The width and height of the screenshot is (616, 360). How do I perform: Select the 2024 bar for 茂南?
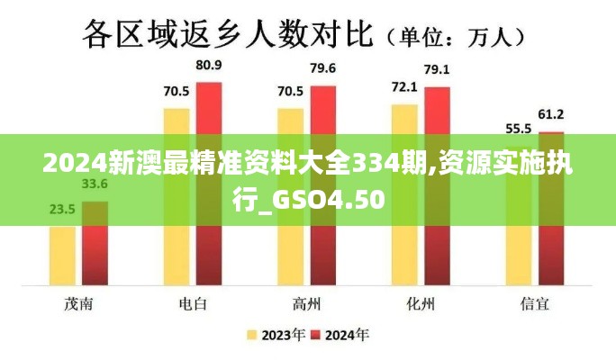[95, 243]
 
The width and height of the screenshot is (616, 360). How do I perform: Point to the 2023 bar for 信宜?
[518, 216]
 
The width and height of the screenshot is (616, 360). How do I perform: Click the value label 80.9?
[209, 66]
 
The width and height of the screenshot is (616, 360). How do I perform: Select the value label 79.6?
[322, 68]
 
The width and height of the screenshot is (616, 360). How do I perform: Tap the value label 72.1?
[403, 87]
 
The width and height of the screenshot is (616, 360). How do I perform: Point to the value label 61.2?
[550, 114]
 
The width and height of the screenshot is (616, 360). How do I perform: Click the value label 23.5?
[62, 210]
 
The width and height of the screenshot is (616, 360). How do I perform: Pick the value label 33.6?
[95, 184]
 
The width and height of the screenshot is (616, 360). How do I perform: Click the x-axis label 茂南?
[78, 303]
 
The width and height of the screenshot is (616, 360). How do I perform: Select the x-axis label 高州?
[306, 303]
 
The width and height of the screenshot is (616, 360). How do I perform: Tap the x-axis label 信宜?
[534, 303]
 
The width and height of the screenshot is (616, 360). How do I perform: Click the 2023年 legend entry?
[274, 336]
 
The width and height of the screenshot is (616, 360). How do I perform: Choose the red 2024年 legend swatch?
[316, 336]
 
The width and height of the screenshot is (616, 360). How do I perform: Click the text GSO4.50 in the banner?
[332, 199]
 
